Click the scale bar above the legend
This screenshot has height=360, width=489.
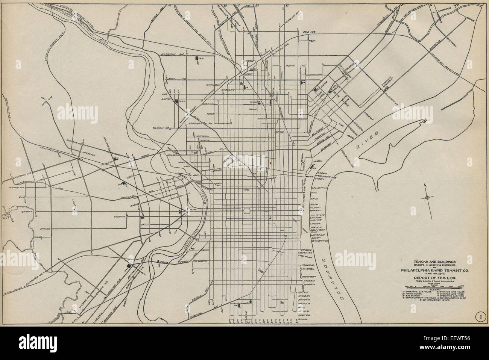(x=429, y=287)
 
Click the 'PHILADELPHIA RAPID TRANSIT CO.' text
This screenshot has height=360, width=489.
(x=429, y=269)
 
